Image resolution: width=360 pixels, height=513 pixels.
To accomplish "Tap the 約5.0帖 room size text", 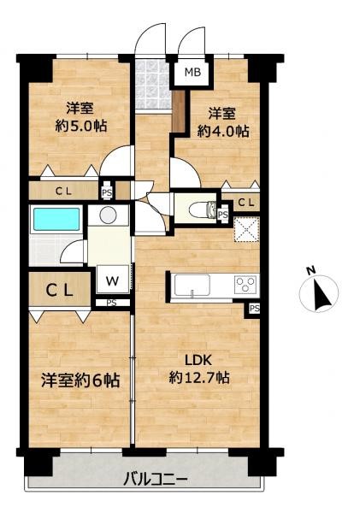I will click(x=81, y=124).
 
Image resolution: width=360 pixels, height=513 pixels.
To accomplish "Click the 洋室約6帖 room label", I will click(x=80, y=379).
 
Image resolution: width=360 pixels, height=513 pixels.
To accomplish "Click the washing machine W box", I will click(x=113, y=280).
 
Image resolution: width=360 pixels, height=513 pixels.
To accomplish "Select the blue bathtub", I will click(x=56, y=220).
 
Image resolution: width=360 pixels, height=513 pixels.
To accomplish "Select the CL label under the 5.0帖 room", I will click(x=64, y=192).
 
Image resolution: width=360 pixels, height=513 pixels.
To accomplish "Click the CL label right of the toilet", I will click(x=245, y=203).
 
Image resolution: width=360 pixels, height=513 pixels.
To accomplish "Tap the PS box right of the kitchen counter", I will click(x=255, y=309).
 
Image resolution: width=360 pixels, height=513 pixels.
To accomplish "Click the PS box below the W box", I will click(x=112, y=302).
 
